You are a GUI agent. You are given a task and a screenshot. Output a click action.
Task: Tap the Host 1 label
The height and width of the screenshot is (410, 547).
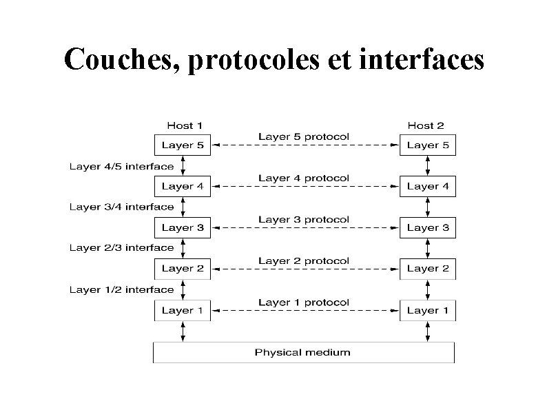coord(185,125)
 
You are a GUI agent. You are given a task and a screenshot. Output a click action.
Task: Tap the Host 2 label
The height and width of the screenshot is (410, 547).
coord(426,125)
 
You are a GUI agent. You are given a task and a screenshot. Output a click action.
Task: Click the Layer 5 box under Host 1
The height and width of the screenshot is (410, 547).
coord(182,145)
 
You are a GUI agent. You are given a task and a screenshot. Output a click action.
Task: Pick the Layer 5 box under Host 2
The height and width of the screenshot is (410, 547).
coord(428,145)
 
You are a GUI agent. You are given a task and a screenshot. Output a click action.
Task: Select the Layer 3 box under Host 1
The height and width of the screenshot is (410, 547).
coord(182,228)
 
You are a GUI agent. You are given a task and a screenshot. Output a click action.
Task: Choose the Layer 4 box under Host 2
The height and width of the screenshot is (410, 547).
coord(428,187)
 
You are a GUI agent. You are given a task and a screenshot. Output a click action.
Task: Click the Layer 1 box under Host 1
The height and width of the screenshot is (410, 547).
coord(182,311)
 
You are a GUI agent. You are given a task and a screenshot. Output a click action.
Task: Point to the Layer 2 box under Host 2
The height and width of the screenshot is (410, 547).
coord(428,269)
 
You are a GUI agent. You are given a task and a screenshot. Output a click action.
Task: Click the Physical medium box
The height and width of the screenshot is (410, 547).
coord(303,353)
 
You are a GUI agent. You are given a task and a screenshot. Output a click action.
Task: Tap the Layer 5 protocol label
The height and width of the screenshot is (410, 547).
coord(304,136)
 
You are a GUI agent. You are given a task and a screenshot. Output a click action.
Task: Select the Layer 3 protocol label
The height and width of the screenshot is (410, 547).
coord(304,219)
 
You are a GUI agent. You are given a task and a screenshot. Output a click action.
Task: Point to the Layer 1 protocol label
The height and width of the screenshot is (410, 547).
coord(304,302)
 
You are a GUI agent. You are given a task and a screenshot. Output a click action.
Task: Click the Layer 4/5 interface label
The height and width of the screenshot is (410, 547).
coord(121,166)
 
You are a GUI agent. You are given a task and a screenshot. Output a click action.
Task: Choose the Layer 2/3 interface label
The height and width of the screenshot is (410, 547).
coord(121,247)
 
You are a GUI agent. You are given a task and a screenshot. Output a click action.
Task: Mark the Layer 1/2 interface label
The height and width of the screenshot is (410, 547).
coord(121,289)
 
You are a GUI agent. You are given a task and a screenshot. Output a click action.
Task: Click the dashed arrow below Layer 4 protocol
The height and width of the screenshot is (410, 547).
coord(305,187)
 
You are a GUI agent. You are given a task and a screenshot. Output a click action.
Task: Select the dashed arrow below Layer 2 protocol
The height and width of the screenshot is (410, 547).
coord(305,269)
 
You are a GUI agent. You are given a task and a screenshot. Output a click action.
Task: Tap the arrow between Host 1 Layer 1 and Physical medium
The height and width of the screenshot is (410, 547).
coord(183,331)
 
